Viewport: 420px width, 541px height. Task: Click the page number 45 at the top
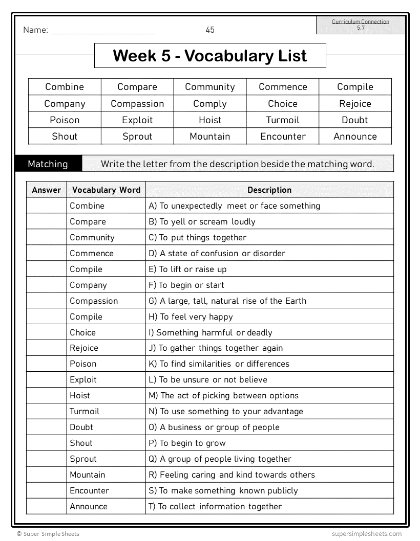click(x=210, y=30)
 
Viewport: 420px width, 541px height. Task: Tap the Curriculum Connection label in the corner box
click(x=361, y=21)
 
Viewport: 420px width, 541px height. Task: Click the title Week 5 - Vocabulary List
click(x=210, y=56)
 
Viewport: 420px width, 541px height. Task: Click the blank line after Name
click(x=103, y=31)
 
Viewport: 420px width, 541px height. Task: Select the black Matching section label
click(x=48, y=164)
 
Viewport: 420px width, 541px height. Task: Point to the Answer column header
click(x=47, y=190)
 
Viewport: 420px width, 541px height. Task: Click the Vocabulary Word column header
click(x=106, y=190)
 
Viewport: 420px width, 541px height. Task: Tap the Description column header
click(x=269, y=190)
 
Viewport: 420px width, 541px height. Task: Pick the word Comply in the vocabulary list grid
click(x=210, y=104)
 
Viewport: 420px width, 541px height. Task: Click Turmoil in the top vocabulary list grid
click(x=283, y=120)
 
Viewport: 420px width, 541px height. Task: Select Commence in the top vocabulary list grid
click(x=283, y=87)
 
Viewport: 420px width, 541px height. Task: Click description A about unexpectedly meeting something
click(x=234, y=206)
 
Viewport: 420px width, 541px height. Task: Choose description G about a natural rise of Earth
click(x=227, y=301)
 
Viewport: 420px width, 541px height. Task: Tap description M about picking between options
click(x=223, y=396)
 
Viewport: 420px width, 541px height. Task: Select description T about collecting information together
click(x=215, y=507)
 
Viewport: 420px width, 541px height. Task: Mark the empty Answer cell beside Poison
click(x=47, y=364)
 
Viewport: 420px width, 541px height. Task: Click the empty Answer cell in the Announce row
click(x=47, y=507)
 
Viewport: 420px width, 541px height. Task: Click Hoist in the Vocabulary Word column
click(x=80, y=396)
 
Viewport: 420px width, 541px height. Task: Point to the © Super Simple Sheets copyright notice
click(x=48, y=534)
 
